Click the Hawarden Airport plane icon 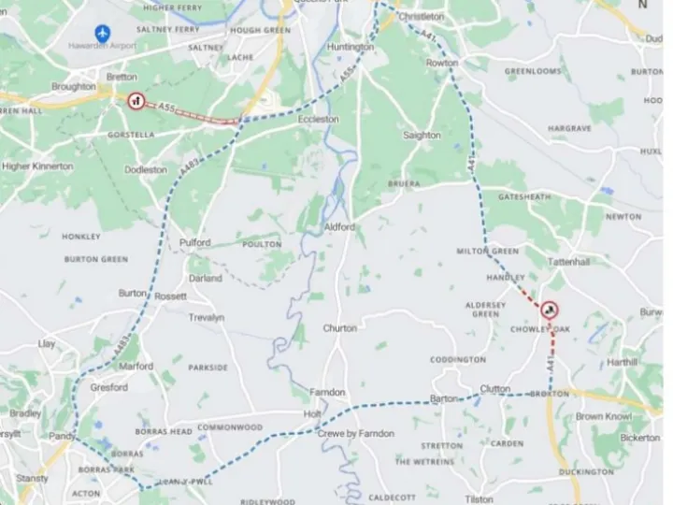click(102, 33)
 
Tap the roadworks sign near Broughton click(136, 101)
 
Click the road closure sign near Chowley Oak click(548, 311)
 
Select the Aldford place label click(339, 227)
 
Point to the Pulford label click(195, 243)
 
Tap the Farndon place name click(327, 393)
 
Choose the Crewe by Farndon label click(355, 434)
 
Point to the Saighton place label click(422, 136)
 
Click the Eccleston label click(318, 120)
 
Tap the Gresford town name click(108, 387)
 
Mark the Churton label click(340, 328)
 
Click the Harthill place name click(622, 362)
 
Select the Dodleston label click(146, 170)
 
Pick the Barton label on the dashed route click(444, 398)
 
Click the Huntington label click(351, 46)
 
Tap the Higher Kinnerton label click(37, 166)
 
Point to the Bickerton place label click(639, 438)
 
